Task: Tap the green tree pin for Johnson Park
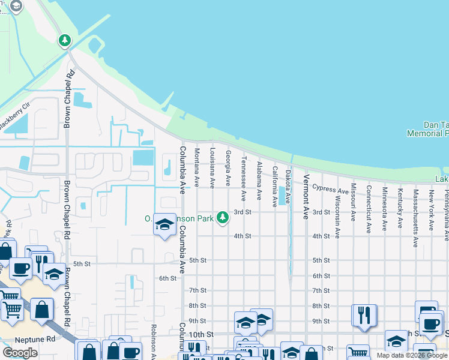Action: [x=223, y=217]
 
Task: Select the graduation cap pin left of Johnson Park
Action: [x=164, y=226]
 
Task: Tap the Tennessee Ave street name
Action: [x=243, y=179]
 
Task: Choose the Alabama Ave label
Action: [x=259, y=181]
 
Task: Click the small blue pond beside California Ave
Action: [x=282, y=196]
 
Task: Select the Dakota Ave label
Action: [x=288, y=186]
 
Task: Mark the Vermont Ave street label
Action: [x=306, y=196]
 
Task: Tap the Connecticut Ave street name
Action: [x=369, y=209]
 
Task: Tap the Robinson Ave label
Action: [x=154, y=342]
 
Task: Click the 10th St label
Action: [x=201, y=334]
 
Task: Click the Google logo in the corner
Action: [x=20, y=353]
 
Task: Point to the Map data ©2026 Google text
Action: [x=412, y=355]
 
